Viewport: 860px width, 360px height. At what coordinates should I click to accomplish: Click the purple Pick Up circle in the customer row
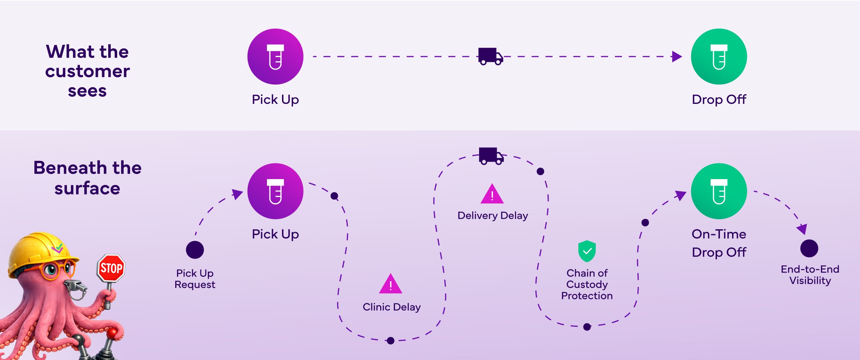(275, 57)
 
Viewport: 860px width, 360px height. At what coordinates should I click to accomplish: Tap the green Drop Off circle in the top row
(719, 57)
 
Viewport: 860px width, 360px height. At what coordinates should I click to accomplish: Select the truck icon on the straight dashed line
(490, 56)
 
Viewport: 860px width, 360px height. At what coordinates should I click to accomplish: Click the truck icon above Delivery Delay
(491, 156)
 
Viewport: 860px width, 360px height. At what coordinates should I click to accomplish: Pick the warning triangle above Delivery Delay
(492, 195)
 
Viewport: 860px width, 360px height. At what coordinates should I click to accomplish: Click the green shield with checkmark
(587, 251)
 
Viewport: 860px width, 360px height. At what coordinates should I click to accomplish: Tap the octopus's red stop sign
(111, 268)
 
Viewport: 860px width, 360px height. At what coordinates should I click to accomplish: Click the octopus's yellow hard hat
(39, 253)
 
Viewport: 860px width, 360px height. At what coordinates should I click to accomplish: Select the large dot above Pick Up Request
(195, 250)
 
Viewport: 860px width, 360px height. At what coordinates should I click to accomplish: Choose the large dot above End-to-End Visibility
(809, 248)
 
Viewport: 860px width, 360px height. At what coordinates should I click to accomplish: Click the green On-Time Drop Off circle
(719, 191)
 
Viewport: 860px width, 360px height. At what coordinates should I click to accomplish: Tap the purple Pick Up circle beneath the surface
(275, 191)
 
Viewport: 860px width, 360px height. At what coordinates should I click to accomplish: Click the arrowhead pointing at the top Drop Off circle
(677, 56)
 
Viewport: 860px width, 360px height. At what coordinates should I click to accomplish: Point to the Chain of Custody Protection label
(587, 284)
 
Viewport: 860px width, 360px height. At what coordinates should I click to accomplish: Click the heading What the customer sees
(87, 71)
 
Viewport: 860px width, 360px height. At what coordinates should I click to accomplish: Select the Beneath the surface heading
(87, 178)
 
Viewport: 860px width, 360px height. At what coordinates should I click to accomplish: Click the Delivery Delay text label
(493, 216)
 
